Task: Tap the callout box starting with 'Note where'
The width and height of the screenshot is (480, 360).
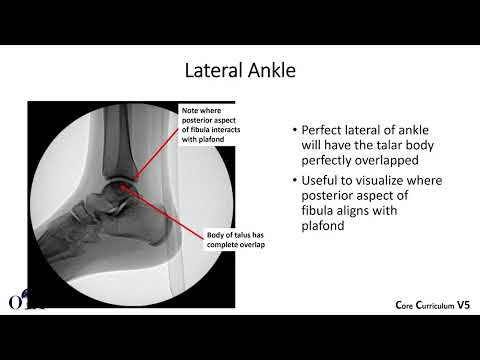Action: point(206,126)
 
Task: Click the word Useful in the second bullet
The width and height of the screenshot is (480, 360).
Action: point(322,180)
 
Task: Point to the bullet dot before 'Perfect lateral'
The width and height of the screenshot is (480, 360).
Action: point(294,132)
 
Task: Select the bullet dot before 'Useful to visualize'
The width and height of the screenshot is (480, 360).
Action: point(294,181)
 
